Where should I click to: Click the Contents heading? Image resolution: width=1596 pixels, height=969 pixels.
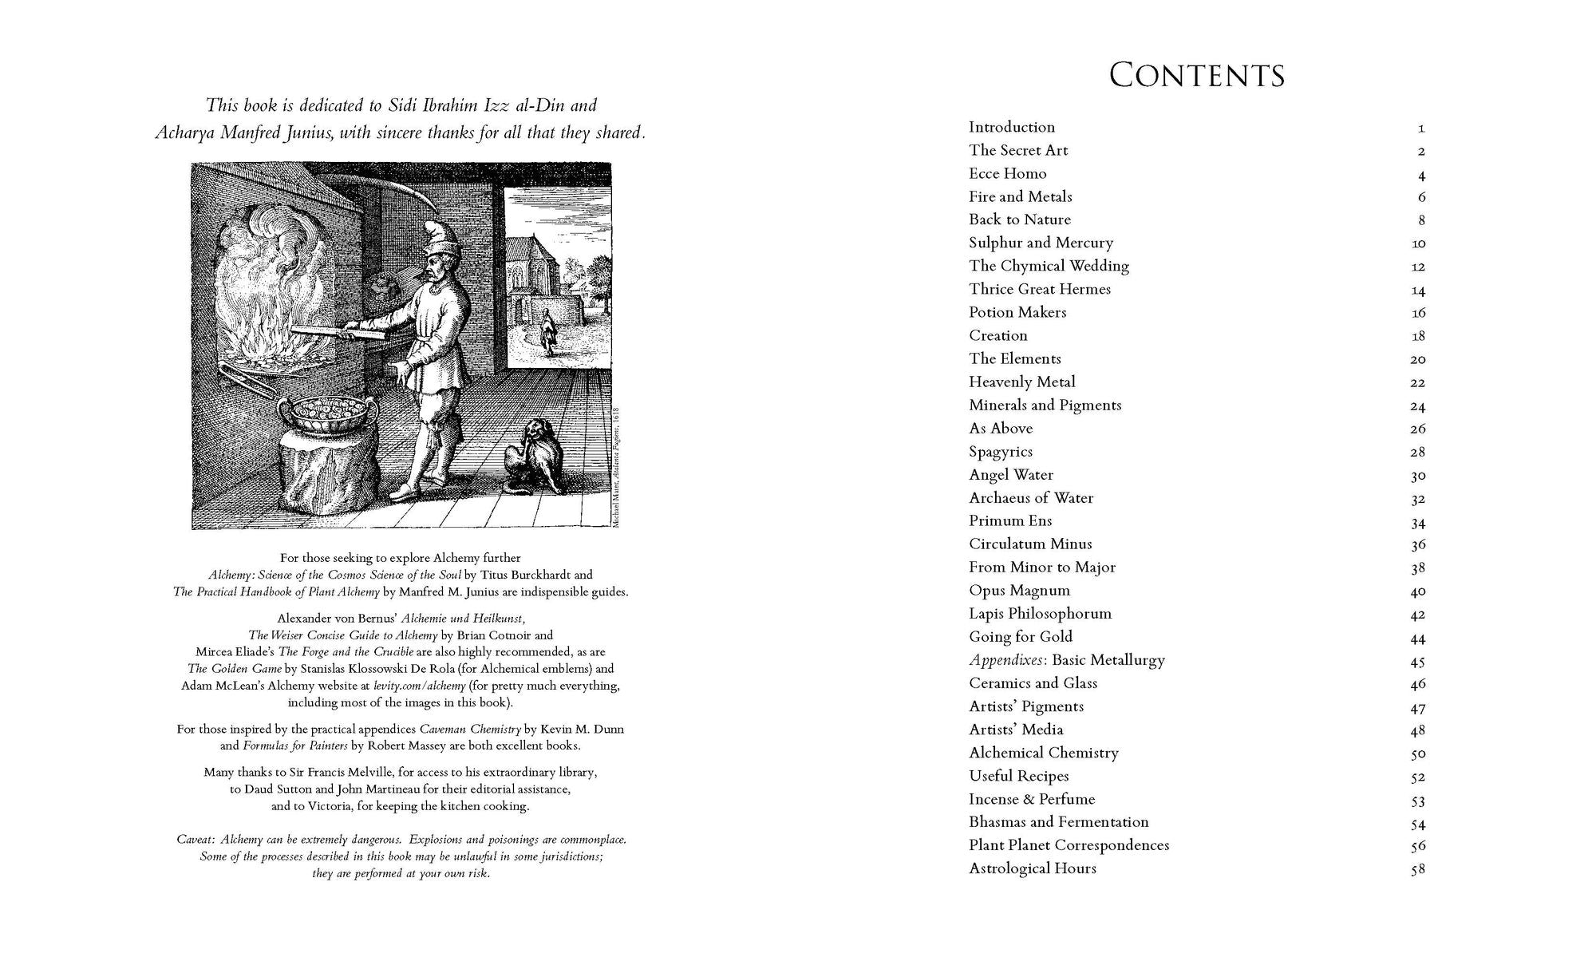pos(1196,75)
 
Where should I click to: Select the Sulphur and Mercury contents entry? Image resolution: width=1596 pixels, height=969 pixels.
pos(1041,243)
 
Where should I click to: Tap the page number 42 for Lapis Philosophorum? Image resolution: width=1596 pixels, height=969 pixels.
pos(1417,615)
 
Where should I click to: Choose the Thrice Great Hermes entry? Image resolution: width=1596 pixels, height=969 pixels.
pos(1039,289)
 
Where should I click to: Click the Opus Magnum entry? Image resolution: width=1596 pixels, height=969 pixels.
pos(1019,591)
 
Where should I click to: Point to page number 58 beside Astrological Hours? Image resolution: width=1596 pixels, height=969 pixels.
pos(1417,869)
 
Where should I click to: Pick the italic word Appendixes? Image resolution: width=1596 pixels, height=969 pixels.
pos(1007,660)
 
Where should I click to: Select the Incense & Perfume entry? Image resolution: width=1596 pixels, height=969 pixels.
pos(1031,799)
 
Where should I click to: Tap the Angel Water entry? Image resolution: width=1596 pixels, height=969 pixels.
pos(1010,475)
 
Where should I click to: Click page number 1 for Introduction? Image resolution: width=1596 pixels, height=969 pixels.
pos(1421,128)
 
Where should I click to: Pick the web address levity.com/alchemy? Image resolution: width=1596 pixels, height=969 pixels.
pos(419,686)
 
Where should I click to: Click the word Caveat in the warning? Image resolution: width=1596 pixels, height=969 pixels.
pos(196,840)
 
